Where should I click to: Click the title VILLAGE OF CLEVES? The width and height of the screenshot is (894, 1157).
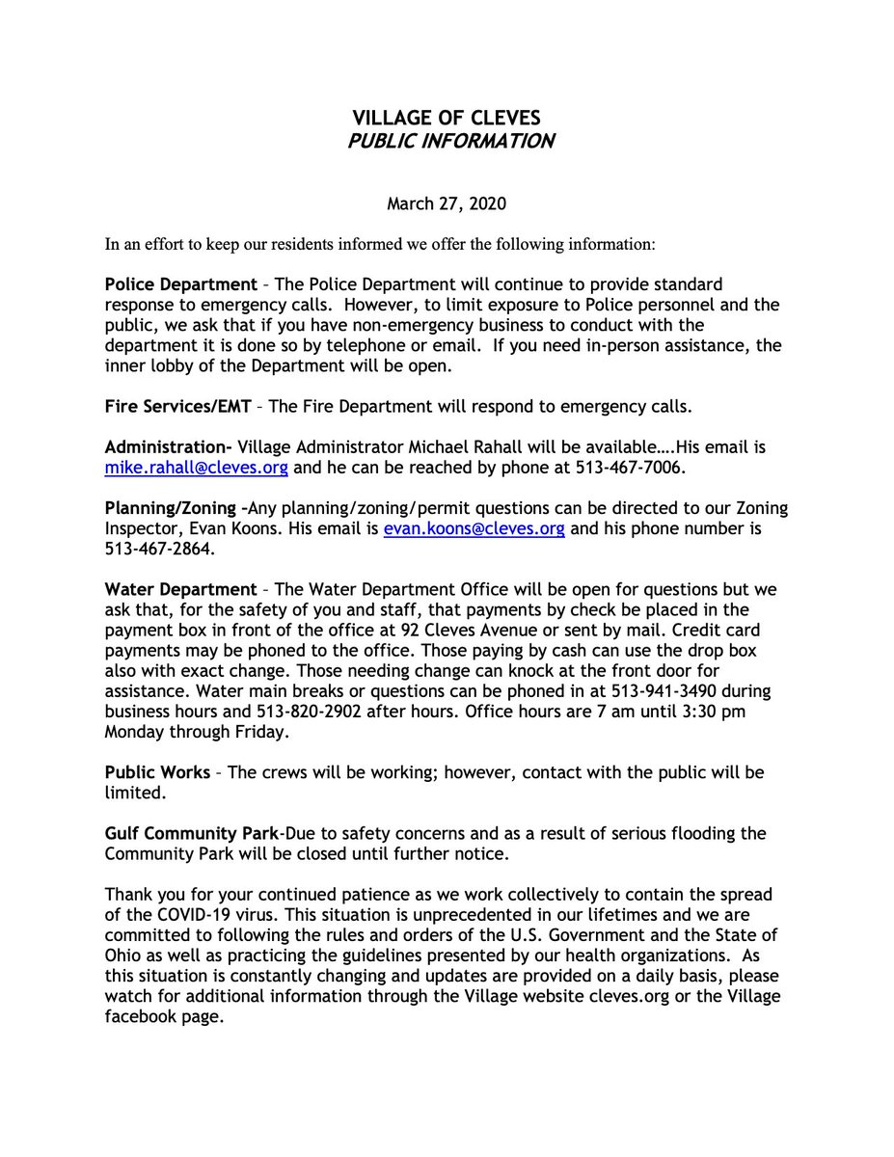coord(447,119)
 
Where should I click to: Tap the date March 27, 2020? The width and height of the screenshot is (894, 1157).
coord(447,203)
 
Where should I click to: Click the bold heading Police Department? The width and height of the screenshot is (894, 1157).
coord(180,285)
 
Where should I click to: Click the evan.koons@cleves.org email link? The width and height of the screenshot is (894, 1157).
coord(474,529)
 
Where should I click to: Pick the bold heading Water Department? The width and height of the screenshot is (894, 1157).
coord(180,589)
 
